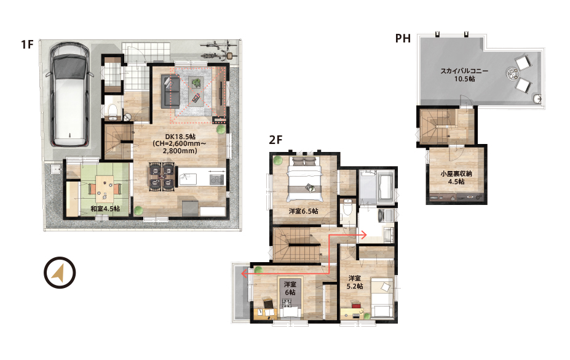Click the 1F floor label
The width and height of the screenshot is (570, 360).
[x=27, y=44]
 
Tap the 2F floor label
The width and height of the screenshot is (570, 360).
[x=275, y=140]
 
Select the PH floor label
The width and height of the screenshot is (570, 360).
[x=403, y=38]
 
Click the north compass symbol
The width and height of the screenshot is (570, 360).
[x=60, y=273]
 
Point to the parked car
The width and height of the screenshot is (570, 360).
[x=70, y=95]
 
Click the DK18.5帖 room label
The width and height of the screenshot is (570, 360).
[x=180, y=137]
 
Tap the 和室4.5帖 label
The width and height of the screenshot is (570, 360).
[x=105, y=209]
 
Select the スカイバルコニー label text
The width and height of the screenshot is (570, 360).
[x=464, y=71]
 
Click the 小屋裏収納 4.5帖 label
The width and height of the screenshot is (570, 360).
[x=456, y=177]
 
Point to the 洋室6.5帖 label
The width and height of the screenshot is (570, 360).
[x=304, y=211]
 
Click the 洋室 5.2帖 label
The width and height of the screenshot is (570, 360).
[x=354, y=282]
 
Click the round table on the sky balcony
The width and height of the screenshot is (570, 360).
[x=513, y=74]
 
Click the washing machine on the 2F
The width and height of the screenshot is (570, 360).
[x=386, y=215]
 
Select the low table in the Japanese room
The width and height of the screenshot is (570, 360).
[x=105, y=189]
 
